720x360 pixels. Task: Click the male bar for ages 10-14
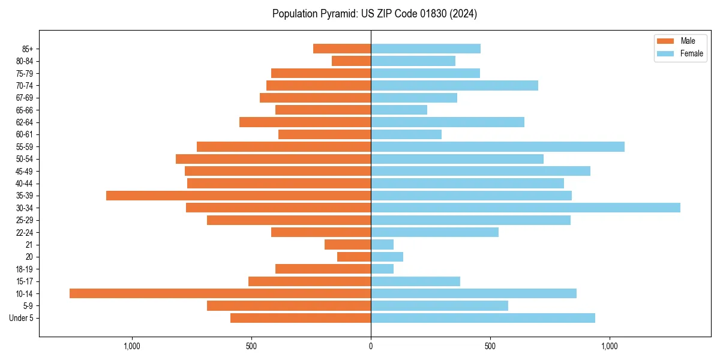pyautogui.click(x=220, y=293)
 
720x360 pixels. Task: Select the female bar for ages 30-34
pyautogui.click(x=526, y=208)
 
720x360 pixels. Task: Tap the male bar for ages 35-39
pyautogui.click(x=238, y=196)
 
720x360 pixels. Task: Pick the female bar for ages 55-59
pyautogui.click(x=497, y=146)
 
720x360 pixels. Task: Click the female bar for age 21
pyautogui.click(x=382, y=244)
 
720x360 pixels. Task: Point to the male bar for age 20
pyautogui.click(x=354, y=257)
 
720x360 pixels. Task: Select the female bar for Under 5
pyautogui.click(x=483, y=318)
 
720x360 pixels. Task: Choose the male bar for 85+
pyautogui.click(x=342, y=49)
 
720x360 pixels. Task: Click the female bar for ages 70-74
pyautogui.click(x=454, y=85)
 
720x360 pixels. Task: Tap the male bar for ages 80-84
pyautogui.click(x=351, y=61)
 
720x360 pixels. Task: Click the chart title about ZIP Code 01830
pyautogui.click(x=374, y=14)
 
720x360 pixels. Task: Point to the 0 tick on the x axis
pyautogui.click(x=371, y=346)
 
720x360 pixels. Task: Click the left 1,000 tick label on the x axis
pyautogui.click(x=131, y=346)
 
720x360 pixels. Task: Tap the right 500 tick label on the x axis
pyautogui.click(x=490, y=346)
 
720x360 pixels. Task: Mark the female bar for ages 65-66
pyautogui.click(x=399, y=110)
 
